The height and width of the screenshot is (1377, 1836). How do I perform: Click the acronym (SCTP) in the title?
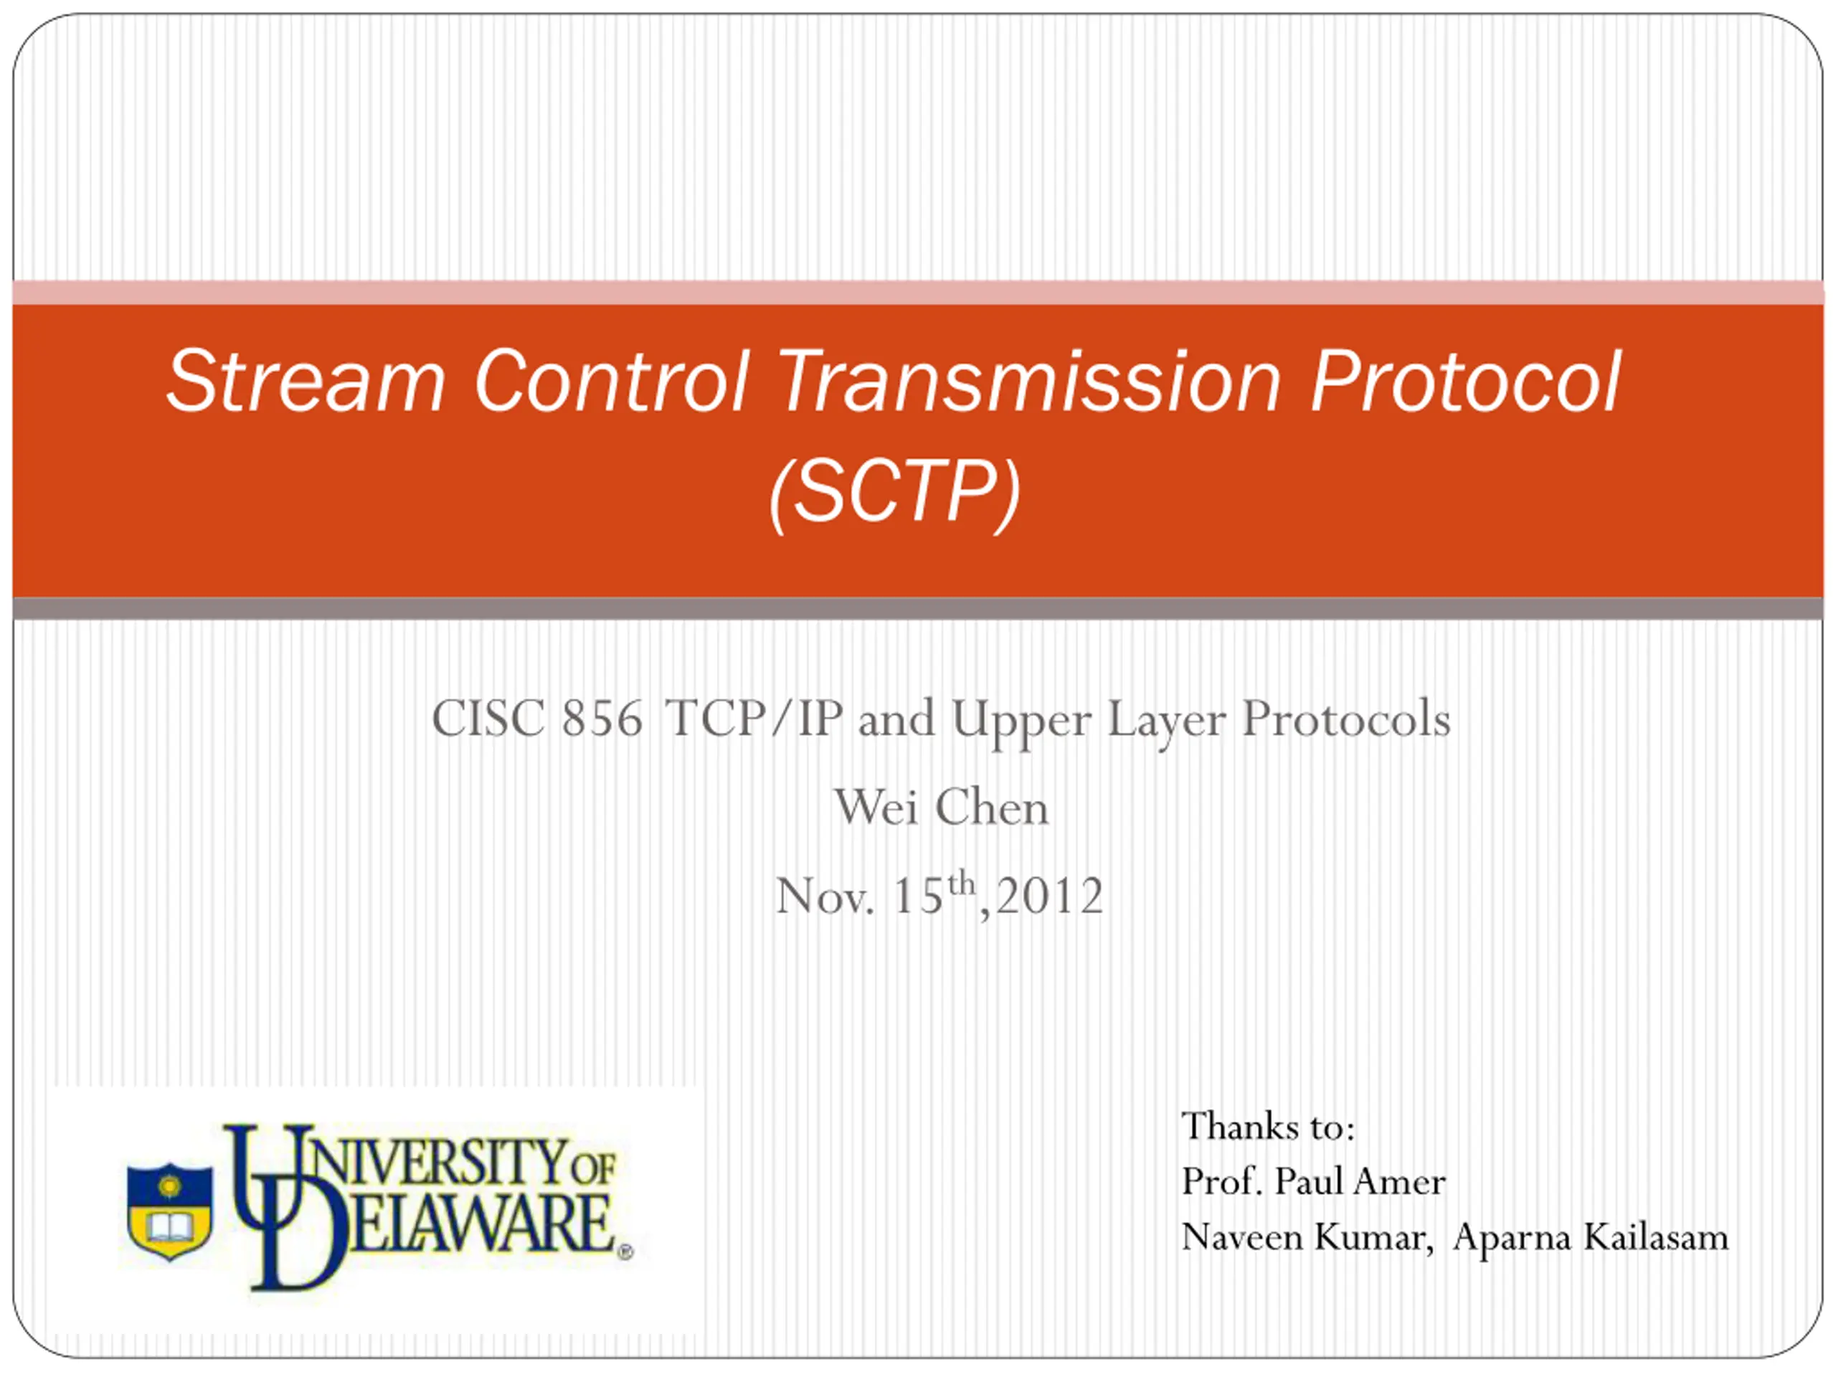[895, 495]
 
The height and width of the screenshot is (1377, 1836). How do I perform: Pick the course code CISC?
[488, 719]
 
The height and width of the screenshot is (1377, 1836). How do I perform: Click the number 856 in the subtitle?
[602, 719]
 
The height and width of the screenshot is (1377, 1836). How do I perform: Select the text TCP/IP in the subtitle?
[754, 719]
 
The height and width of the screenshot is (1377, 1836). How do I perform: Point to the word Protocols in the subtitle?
[1345, 719]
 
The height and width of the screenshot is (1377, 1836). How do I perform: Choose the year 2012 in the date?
[1049, 896]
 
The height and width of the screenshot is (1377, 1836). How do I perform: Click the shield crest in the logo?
[169, 1212]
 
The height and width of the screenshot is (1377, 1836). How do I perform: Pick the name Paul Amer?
[1360, 1182]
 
